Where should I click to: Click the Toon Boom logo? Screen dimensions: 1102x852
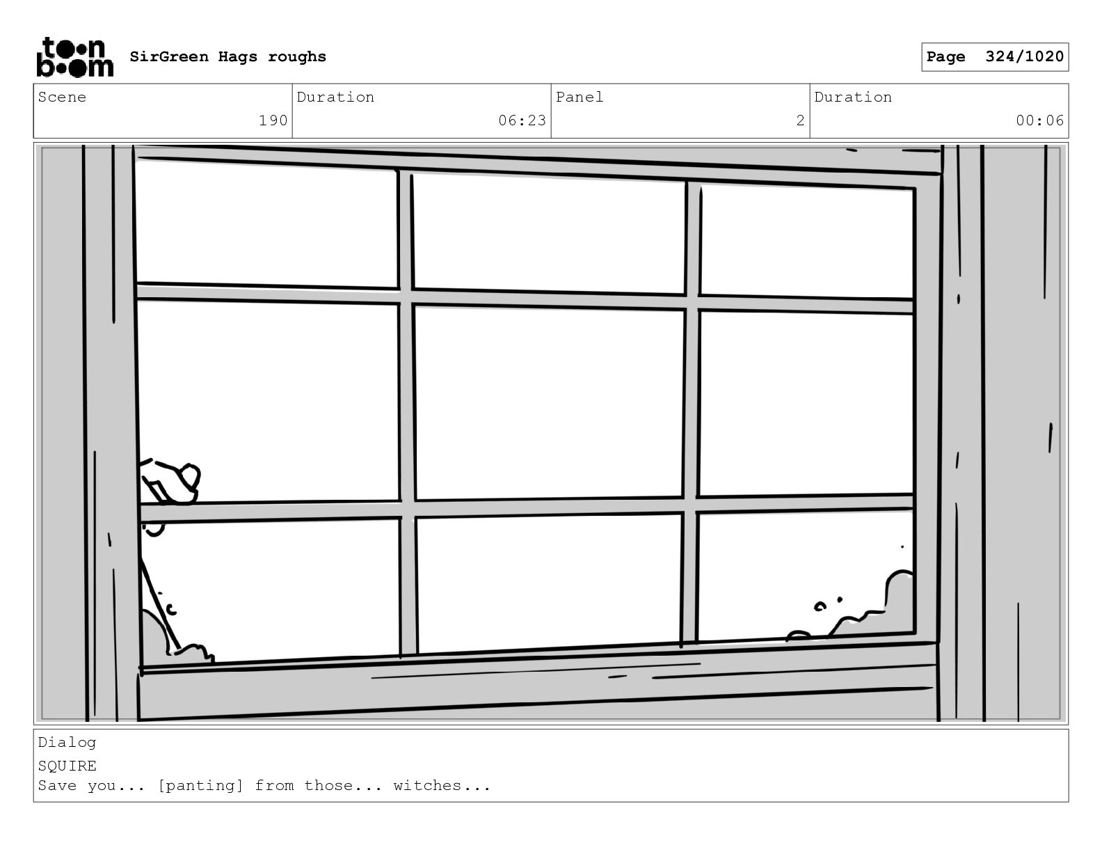(x=74, y=57)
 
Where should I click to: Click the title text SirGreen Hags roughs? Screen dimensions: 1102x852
(x=227, y=57)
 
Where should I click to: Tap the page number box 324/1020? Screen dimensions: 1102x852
(x=994, y=57)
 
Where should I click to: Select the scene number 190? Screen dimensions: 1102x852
(x=273, y=120)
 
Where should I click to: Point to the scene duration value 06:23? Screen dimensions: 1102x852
(x=522, y=120)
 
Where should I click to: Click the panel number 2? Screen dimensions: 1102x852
(x=800, y=120)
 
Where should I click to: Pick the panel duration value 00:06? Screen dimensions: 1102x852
(x=1039, y=120)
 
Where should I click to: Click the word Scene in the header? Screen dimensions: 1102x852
(x=63, y=97)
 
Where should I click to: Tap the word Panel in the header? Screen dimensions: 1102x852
(x=580, y=97)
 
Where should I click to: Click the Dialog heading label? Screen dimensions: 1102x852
(x=67, y=743)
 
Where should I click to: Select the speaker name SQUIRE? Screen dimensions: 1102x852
(x=67, y=766)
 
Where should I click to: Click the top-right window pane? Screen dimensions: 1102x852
(x=806, y=240)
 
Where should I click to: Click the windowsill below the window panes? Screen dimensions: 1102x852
(x=536, y=686)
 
